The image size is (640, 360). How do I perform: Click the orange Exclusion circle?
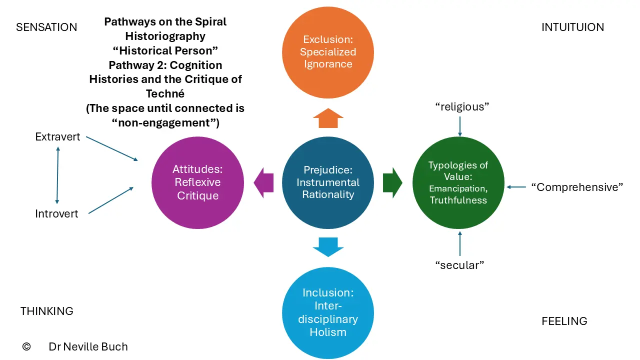(327, 52)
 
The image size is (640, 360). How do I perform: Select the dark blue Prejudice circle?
(327, 182)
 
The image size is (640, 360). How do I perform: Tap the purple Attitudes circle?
(197, 182)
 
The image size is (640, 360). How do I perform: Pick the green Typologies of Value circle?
(458, 182)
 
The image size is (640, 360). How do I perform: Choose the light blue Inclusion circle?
(327, 313)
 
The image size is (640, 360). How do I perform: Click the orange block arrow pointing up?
(328, 118)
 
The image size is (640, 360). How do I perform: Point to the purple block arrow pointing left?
(263, 183)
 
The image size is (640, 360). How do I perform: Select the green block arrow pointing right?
(392, 183)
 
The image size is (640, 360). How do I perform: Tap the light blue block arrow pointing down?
(328, 247)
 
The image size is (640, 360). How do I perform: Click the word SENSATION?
(46, 27)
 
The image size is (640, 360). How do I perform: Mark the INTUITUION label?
(572, 27)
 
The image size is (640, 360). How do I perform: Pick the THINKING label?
(47, 311)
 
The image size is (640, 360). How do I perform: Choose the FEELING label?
(564, 321)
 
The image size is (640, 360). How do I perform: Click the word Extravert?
(57, 137)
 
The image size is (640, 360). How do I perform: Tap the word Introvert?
(56, 213)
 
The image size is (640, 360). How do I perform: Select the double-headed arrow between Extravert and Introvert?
(57, 175)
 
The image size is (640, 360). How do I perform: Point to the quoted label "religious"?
(462, 107)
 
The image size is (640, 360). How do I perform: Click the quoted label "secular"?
(459, 265)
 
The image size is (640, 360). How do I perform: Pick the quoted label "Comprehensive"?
(577, 187)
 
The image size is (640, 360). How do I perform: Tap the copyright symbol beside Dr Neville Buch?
(26, 346)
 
